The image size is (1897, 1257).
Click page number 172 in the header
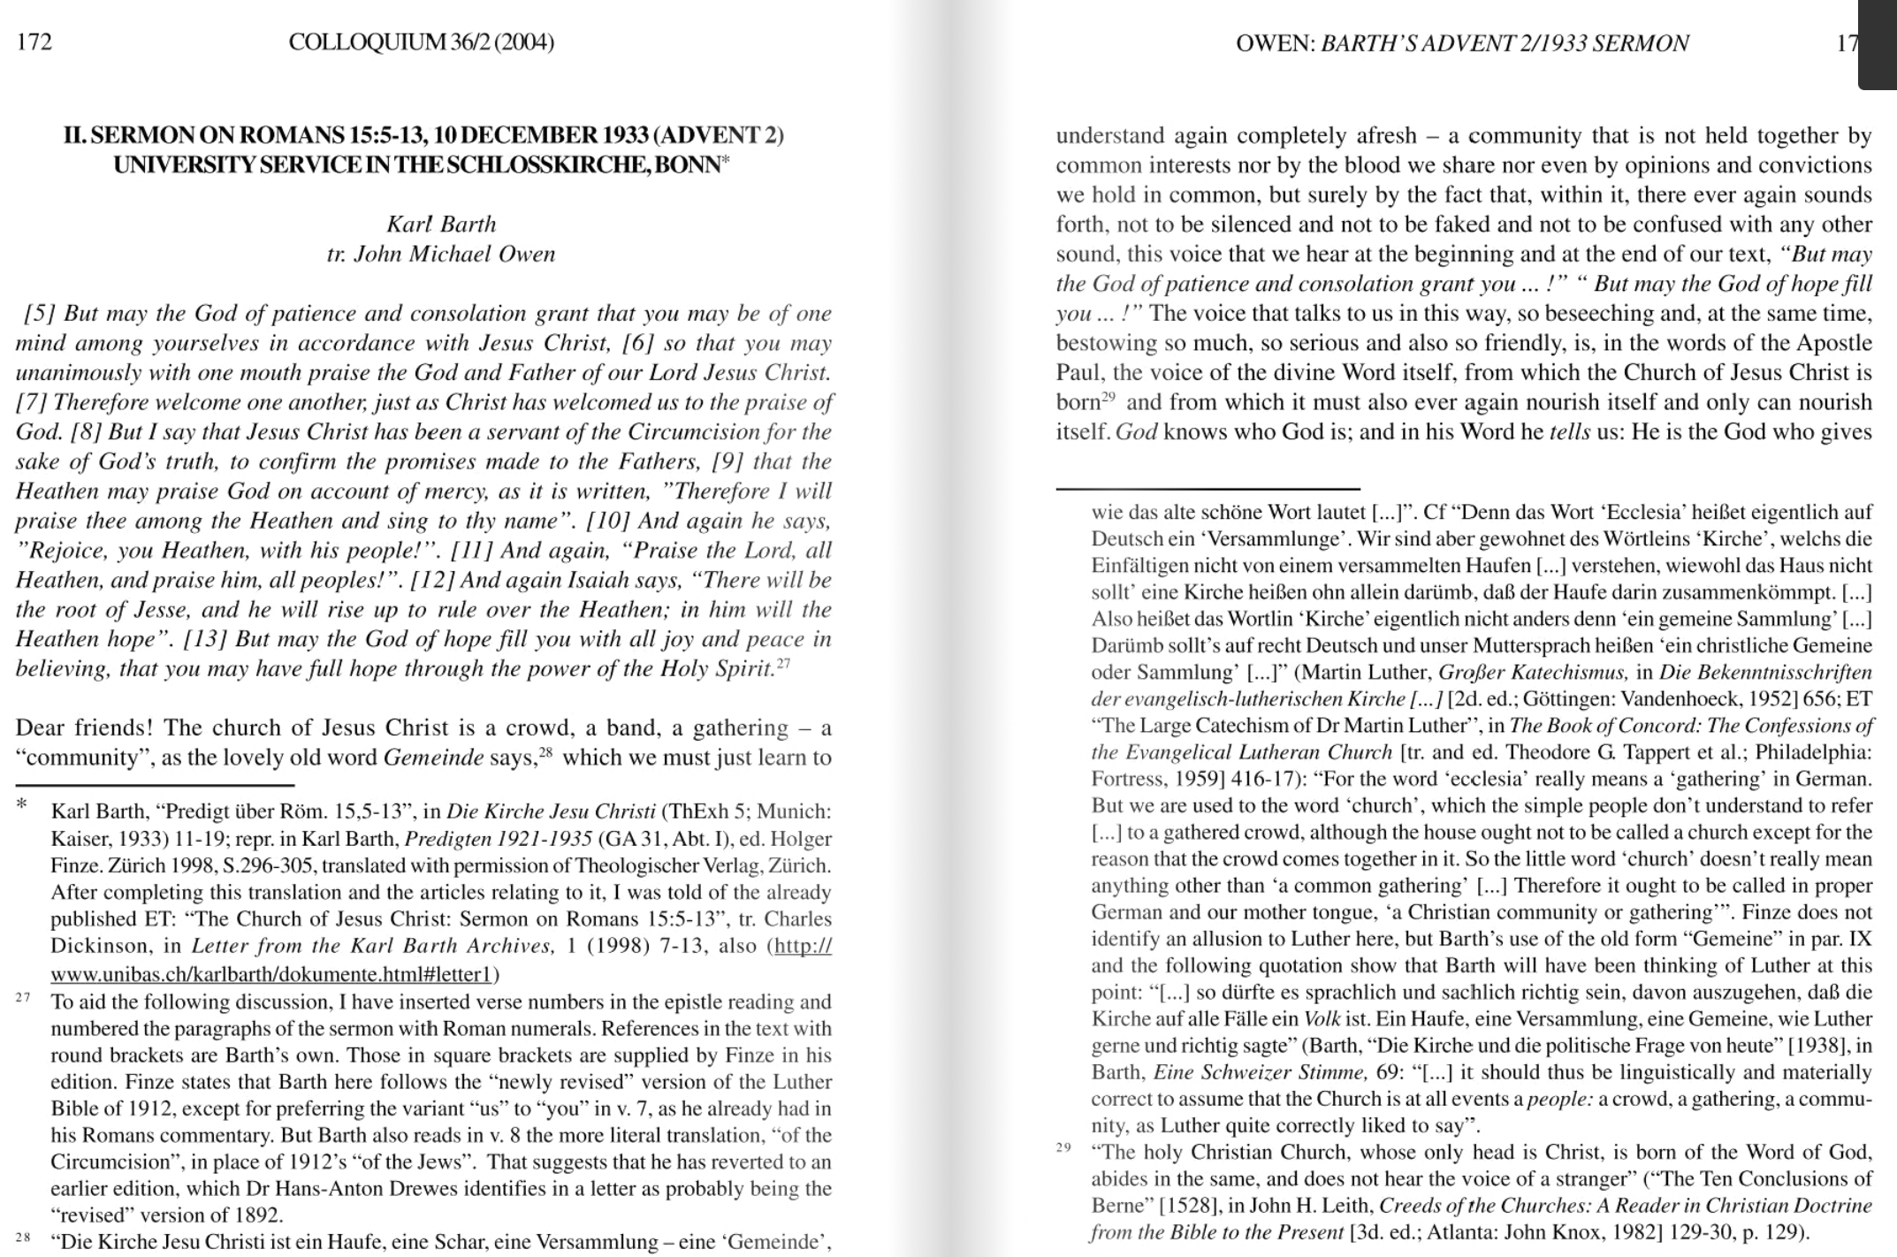(x=34, y=42)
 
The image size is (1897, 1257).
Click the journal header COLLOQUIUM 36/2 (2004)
(x=421, y=42)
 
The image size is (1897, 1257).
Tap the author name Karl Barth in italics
(x=441, y=224)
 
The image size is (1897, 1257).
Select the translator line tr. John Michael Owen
(x=441, y=255)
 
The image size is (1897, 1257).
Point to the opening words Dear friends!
(x=85, y=728)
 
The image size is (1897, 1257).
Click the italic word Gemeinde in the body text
(x=433, y=758)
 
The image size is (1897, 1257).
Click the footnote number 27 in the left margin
(x=23, y=998)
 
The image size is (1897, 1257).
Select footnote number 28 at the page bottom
(x=23, y=1238)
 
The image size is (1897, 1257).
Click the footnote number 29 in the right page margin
(x=1063, y=1148)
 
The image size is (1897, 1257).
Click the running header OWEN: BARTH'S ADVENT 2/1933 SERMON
(x=1462, y=43)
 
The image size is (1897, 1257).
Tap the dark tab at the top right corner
(x=1877, y=44)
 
